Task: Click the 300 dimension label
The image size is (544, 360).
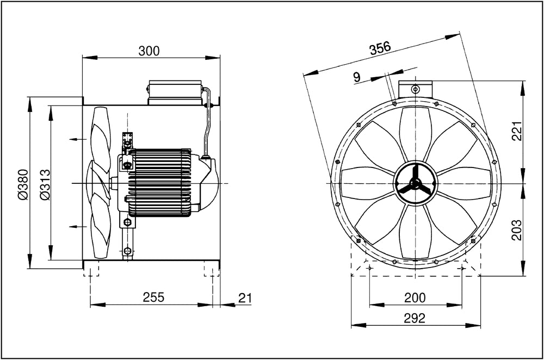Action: (149, 51)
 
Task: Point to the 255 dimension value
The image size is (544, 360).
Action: (153, 297)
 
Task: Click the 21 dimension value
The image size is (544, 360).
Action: (245, 297)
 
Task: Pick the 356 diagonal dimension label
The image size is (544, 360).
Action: (380, 48)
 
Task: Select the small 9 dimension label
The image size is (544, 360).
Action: (357, 77)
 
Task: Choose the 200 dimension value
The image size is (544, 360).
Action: (415, 297)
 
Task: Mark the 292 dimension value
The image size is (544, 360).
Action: (415, 318)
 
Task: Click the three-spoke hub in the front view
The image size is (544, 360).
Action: (416, 183)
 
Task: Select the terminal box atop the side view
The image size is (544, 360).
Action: (175, 92)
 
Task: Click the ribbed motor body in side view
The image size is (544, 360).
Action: (159, 183)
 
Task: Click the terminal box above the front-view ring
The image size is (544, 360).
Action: (415, 88)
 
